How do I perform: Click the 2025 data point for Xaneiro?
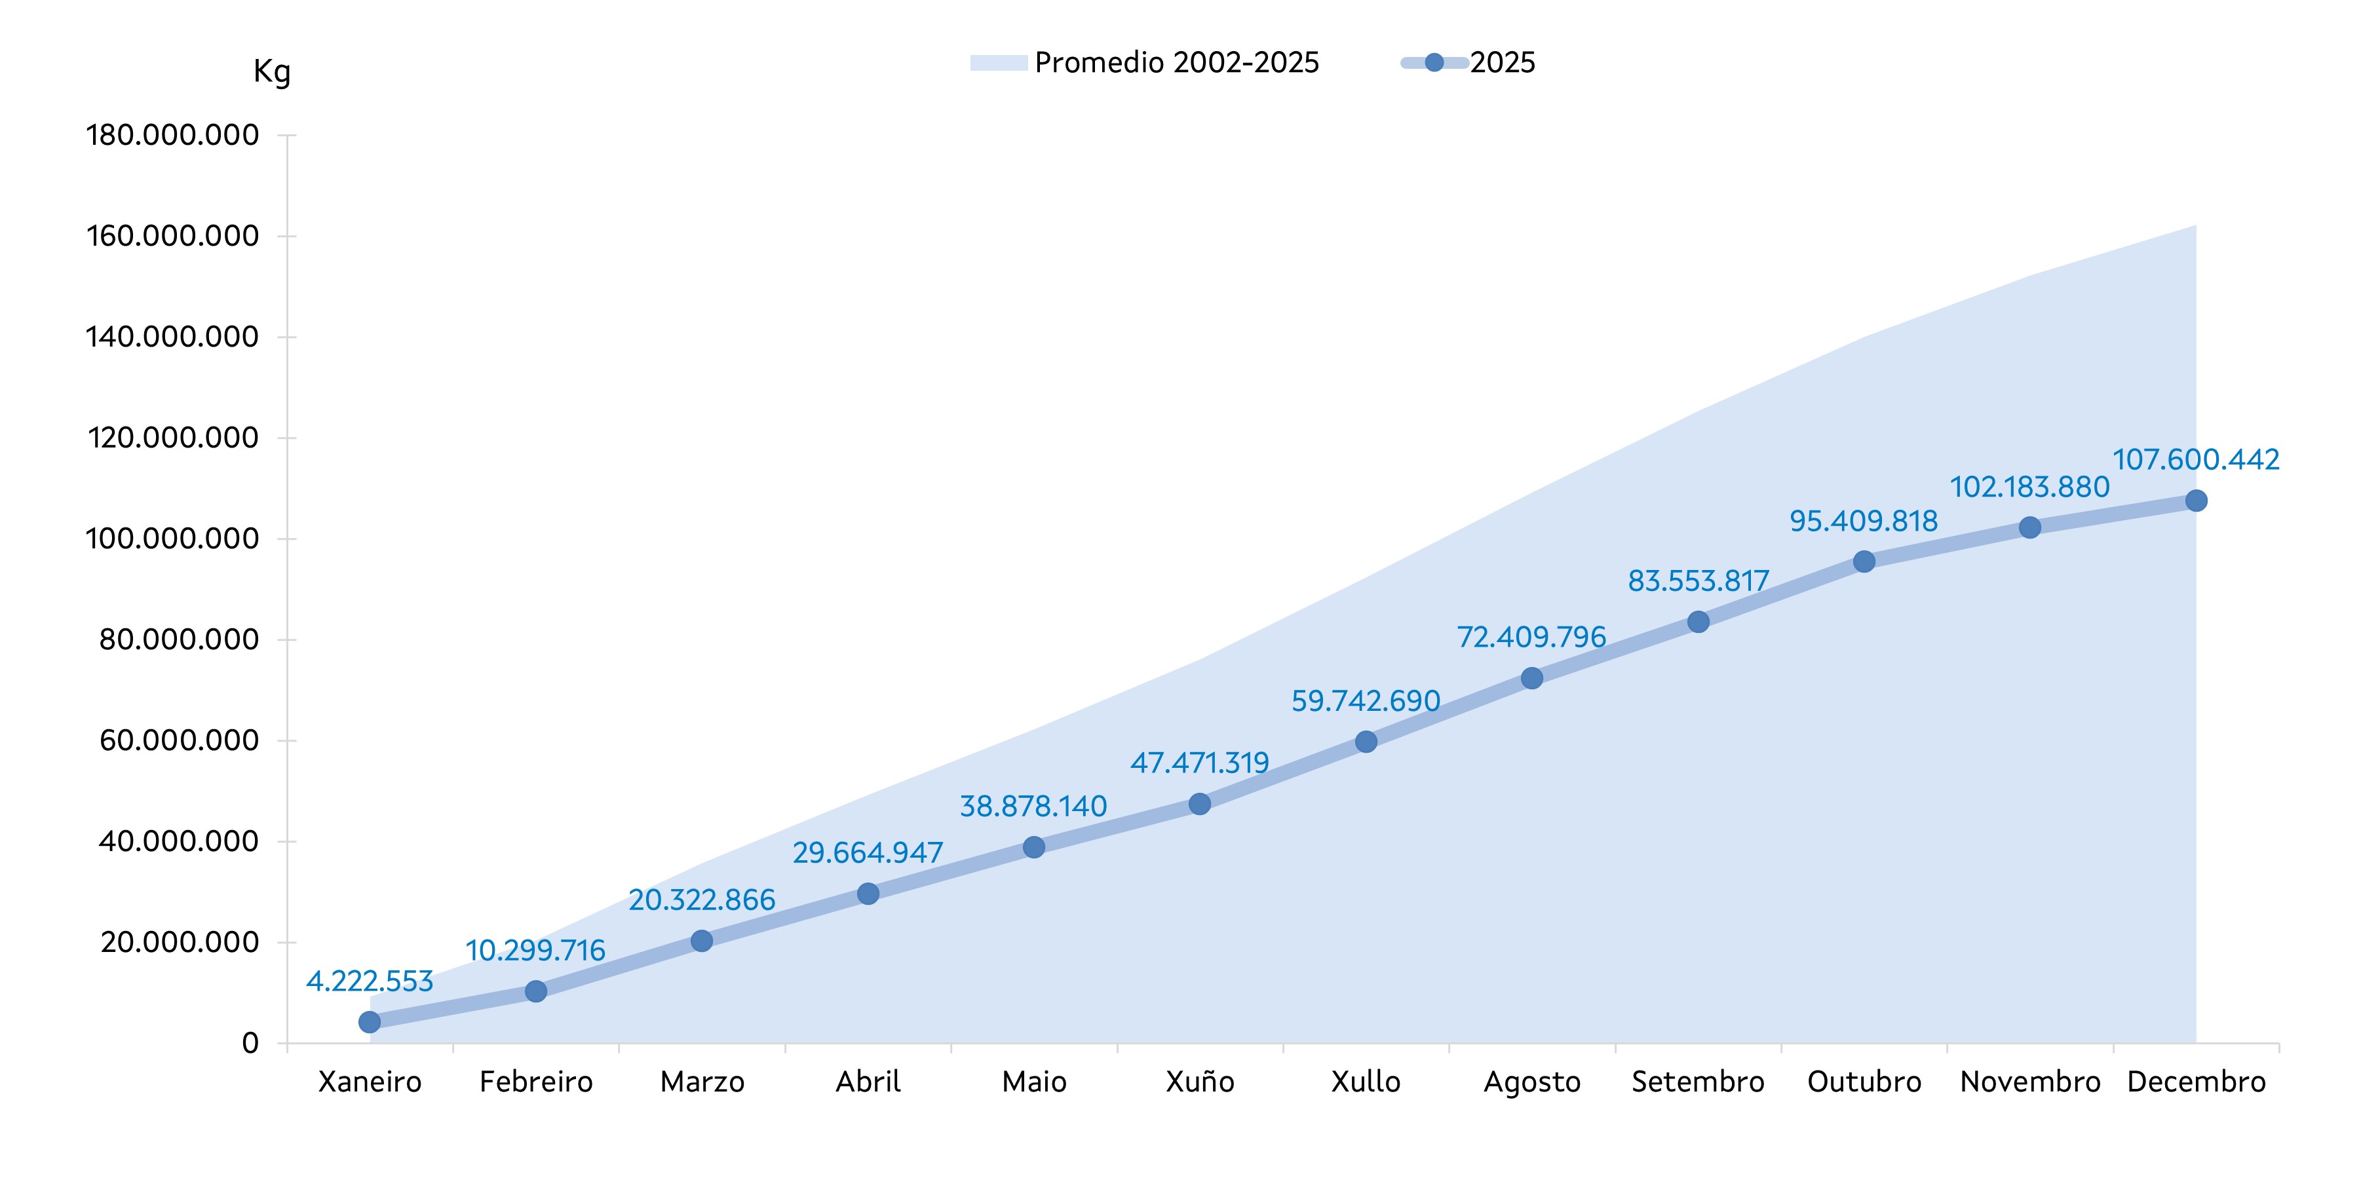(370, 1021)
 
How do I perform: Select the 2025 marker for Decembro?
(2196, 501)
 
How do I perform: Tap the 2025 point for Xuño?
(1200, 804)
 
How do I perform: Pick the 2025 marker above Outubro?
(1864, 561)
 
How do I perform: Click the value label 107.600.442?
(2196, 459)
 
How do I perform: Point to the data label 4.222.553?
(370, 981)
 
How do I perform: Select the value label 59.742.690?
(1366, 701)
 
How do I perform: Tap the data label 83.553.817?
(1699, 581)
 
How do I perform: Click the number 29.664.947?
(868, 852)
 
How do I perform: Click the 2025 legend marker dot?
(1434, 62)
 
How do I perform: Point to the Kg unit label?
(271, 71)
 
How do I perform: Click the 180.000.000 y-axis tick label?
(172, 136)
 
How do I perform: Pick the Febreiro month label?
(536, 1082)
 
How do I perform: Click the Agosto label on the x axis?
(1533, 1082)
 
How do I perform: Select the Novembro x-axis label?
(2030, 1082)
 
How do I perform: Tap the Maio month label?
(1034, 1082)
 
